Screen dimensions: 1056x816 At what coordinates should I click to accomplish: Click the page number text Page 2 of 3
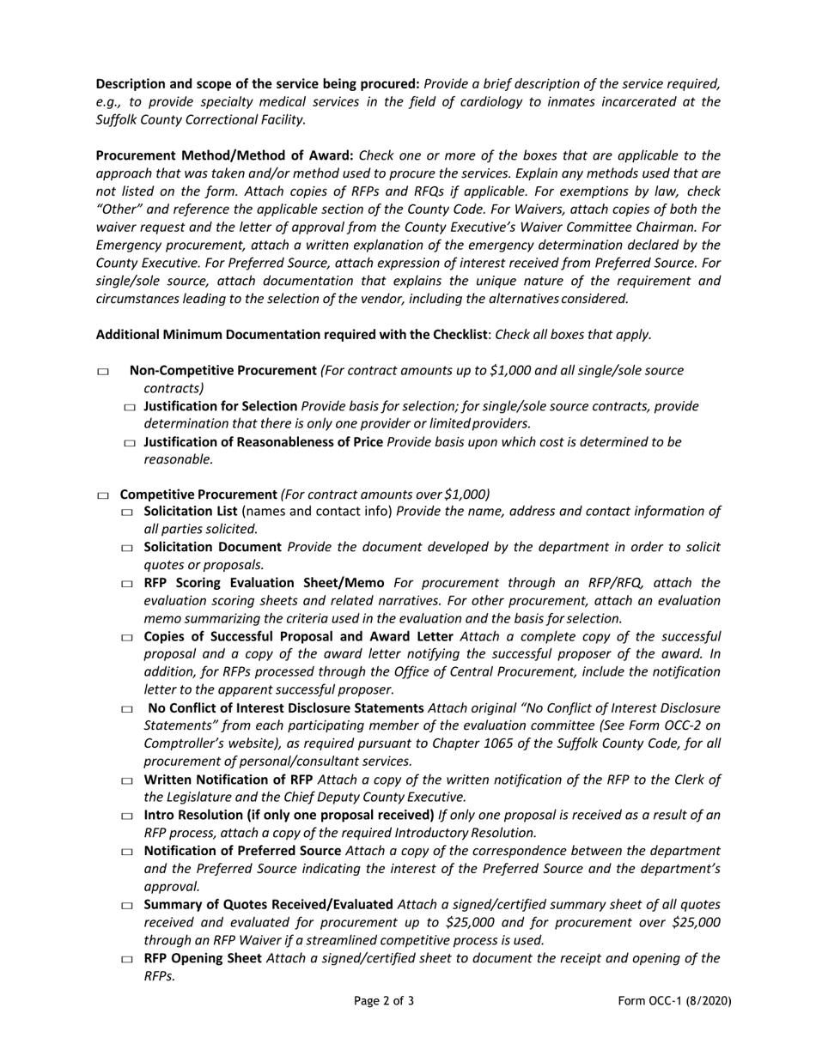pos(384,1001)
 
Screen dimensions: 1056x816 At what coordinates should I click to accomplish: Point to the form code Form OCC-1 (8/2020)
pos(674,1001)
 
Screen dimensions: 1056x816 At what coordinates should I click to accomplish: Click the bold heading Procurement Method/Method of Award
pos(224,155)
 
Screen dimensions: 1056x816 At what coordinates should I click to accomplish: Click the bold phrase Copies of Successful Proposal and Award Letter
pos(298,636)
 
